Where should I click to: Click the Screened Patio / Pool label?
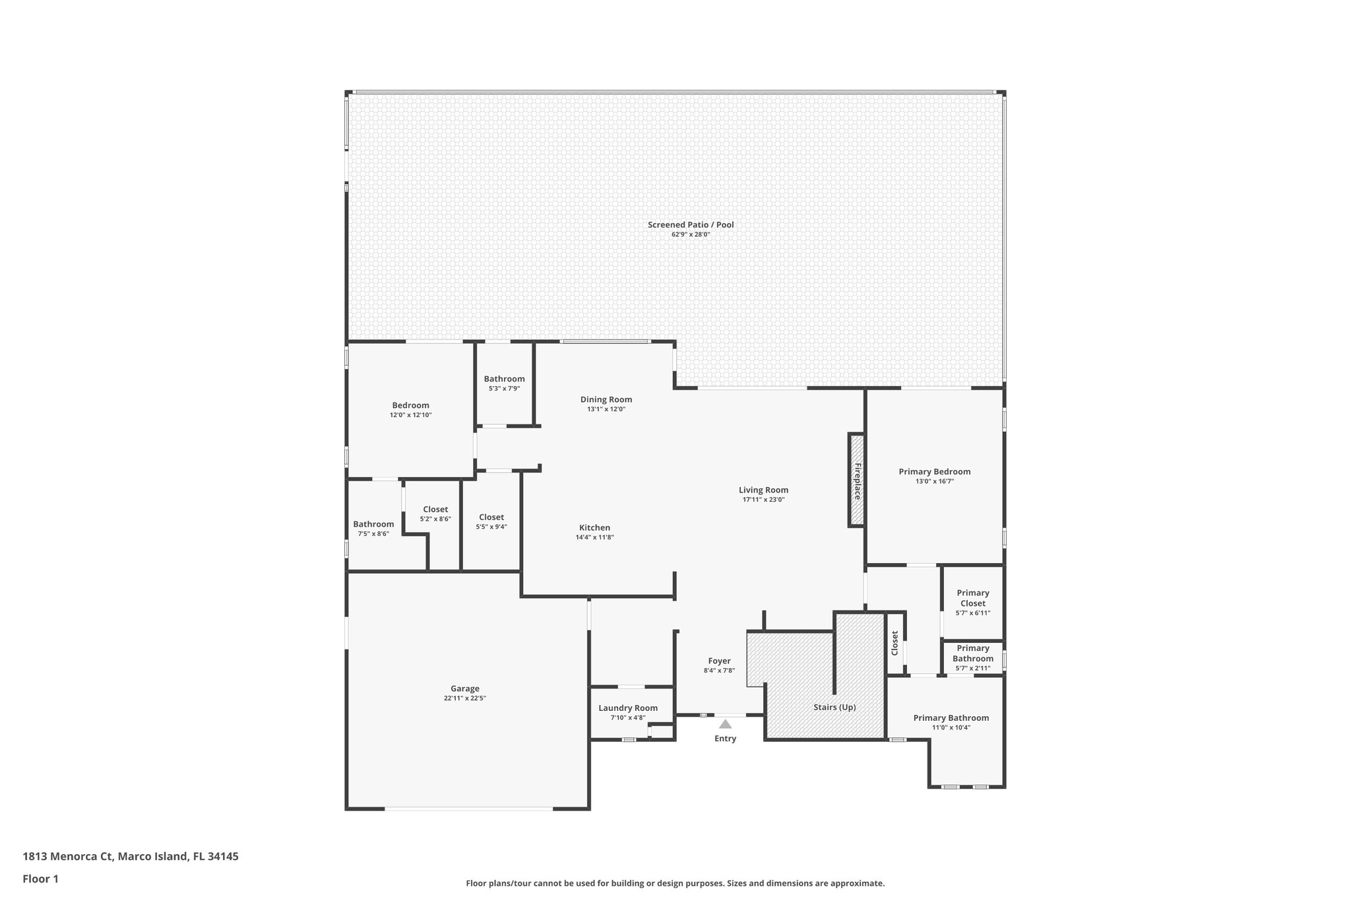coord(690,225)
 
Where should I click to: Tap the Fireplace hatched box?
coord(856,480)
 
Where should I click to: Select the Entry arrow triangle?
coord(725,724)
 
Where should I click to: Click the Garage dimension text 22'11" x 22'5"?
coord(465,698)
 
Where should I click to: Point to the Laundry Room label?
coord(628,708)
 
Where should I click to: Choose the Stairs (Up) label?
coord(834,707)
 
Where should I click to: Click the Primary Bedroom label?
coord(934,472)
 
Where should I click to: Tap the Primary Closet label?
coord(973,598)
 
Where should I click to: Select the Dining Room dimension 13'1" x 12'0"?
coord(606,409)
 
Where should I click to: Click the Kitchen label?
coord(594,528)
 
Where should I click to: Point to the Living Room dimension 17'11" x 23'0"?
coord(763,500)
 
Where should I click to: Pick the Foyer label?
coord(719,661)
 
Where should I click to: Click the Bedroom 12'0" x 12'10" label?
coord(410,406)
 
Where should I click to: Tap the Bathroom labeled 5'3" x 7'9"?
coord(504,379)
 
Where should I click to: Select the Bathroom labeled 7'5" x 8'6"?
coord(373,525)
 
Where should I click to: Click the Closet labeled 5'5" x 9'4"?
coord(491,517)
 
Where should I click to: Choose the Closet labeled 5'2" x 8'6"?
coord(435,510)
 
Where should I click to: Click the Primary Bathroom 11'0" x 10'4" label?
coord(951,718)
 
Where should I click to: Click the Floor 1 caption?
coord(41,879)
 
